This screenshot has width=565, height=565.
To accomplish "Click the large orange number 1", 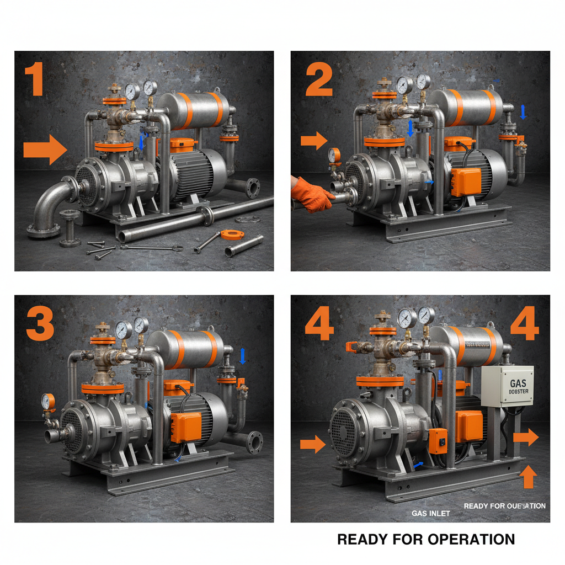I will pos(35,81).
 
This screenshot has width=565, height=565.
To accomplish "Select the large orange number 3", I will pos(40,324).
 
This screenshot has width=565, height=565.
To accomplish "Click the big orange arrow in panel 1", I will pos(45,150).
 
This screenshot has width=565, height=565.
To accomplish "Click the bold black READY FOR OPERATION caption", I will pos(425,539).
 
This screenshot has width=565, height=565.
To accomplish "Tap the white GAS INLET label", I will pos(431,513).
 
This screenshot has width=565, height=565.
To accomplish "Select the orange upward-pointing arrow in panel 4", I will pos(529,476).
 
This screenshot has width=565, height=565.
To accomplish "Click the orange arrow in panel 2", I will pos(314,141).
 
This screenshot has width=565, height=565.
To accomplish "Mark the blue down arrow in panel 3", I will pos(242,356).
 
